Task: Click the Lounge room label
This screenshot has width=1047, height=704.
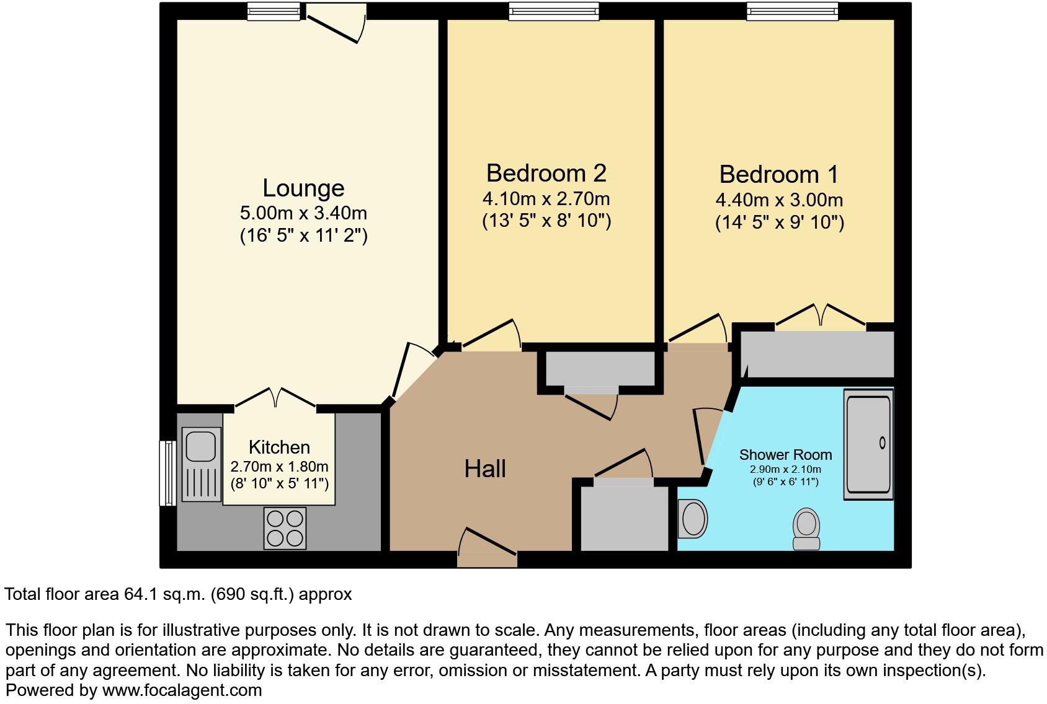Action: coord(303,188)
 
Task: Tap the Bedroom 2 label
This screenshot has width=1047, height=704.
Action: coord(546,174)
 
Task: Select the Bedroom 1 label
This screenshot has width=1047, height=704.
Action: coord(779,175)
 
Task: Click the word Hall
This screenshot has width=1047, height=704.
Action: coord(485,469)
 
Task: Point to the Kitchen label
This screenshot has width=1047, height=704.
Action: coord(279,447)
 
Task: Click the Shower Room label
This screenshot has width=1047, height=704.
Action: coord(785,455)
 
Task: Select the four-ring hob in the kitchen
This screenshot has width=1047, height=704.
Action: coord(285,528)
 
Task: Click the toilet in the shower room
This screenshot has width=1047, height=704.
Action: coord(806,529)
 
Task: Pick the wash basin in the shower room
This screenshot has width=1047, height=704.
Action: coord(693,519)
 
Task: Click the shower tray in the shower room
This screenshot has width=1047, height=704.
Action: coord(868,444)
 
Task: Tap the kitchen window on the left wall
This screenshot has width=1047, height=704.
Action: coord(167,472)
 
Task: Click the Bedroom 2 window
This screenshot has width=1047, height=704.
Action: coord(554,11)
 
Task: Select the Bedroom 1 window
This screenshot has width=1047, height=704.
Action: coord(791,11)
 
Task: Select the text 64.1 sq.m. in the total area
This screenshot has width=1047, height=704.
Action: coord(165,594)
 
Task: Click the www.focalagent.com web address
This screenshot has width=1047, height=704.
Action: coord(182,690)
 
